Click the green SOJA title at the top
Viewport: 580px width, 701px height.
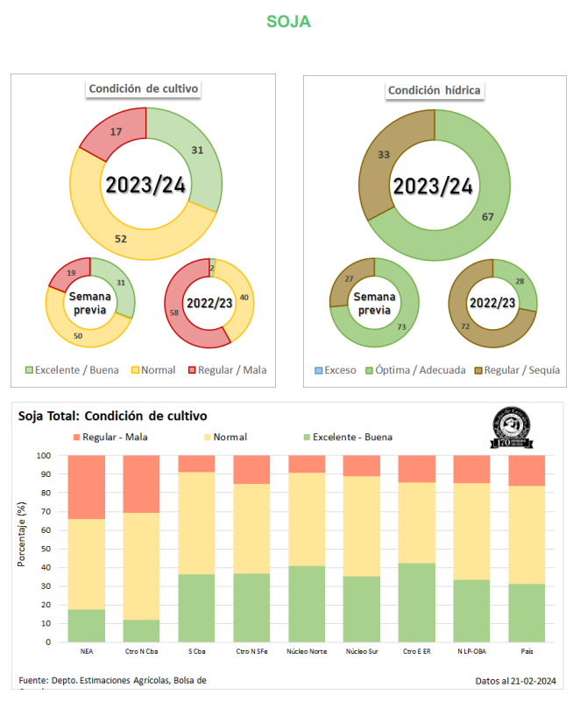coord(289,21)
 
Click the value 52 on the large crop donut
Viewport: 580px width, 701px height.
coord(121,237)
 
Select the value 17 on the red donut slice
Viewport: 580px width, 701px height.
coord(116,132)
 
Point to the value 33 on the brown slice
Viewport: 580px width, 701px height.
coord(383,154)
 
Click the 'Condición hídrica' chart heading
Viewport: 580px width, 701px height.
coord(435,89)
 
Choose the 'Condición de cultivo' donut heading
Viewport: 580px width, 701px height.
coord(144,88)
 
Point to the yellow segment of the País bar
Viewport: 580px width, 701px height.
coord(526,534)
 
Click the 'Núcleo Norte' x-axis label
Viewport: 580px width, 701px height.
coord(306,651)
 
